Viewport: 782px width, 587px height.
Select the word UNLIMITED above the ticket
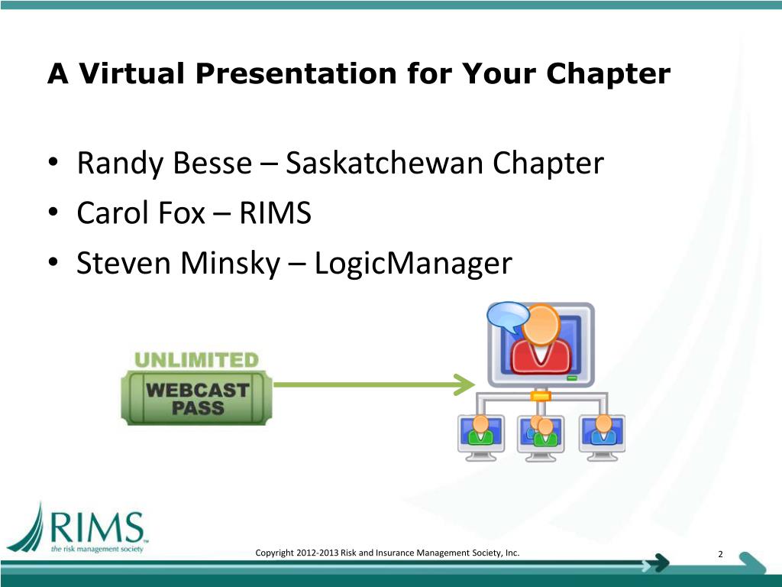point(196,358)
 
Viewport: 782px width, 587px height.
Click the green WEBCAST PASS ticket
point(198,397)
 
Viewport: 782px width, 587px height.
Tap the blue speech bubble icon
point(508,315)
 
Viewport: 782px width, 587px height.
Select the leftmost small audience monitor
point(480,437)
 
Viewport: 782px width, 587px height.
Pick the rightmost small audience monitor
point(603,437)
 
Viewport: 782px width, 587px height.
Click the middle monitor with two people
point(541,437)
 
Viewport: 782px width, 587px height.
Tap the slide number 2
point(720,555)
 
